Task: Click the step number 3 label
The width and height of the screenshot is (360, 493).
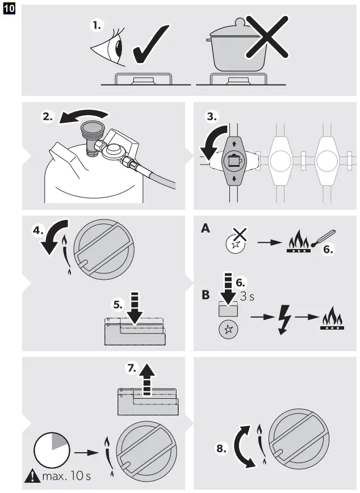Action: (211, 117)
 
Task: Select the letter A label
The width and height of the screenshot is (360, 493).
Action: (205, 229)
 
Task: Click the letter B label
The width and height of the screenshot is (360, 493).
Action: (205, 296)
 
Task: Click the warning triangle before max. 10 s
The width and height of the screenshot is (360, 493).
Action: (32, 475)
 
